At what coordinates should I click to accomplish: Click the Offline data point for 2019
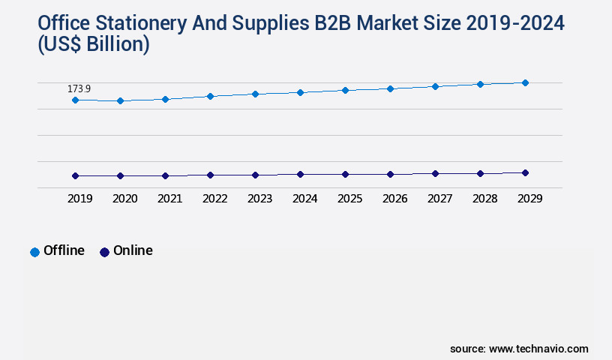click(x=75, y=100)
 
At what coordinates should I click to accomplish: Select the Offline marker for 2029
click(x=525, y=82)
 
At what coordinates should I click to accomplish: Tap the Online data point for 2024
click(x=300, y=174)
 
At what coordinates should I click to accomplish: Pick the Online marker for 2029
click(x=525, y=172)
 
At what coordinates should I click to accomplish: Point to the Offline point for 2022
click(x=210, y=96)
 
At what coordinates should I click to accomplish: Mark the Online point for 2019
click(x=75, y=175)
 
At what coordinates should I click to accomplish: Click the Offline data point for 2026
click(x=390, y=88)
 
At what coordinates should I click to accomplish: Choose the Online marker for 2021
click(x=165, y=175)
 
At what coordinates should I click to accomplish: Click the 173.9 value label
click(x=79, y=89)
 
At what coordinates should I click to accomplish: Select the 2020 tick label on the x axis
click(x=124, y=199)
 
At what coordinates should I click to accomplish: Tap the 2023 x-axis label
click(x=259, y=199)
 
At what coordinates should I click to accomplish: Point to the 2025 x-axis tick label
click(x=349, y=199)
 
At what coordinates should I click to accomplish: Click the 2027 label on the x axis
click(x=439, y=199)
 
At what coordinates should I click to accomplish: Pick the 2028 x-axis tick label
click(x=484, y=199)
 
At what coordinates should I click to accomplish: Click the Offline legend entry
click(x=58, y=250)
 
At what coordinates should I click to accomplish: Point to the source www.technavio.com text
click(x=519, y=349)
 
